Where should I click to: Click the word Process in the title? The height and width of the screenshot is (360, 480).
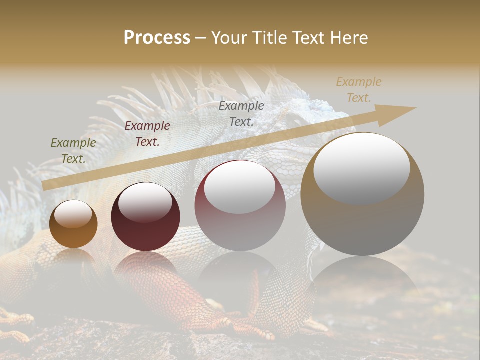coord(157,38)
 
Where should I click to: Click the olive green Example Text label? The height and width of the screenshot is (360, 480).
coord(73,151)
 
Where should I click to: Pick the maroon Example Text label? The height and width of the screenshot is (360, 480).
coord(147,134)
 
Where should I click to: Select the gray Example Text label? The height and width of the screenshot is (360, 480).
coord(241,113)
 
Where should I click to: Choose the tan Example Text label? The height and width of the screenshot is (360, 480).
coord(359,90)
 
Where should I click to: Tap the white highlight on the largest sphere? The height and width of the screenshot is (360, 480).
coord(361,167)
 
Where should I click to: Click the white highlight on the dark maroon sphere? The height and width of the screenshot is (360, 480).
coord(145,201)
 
